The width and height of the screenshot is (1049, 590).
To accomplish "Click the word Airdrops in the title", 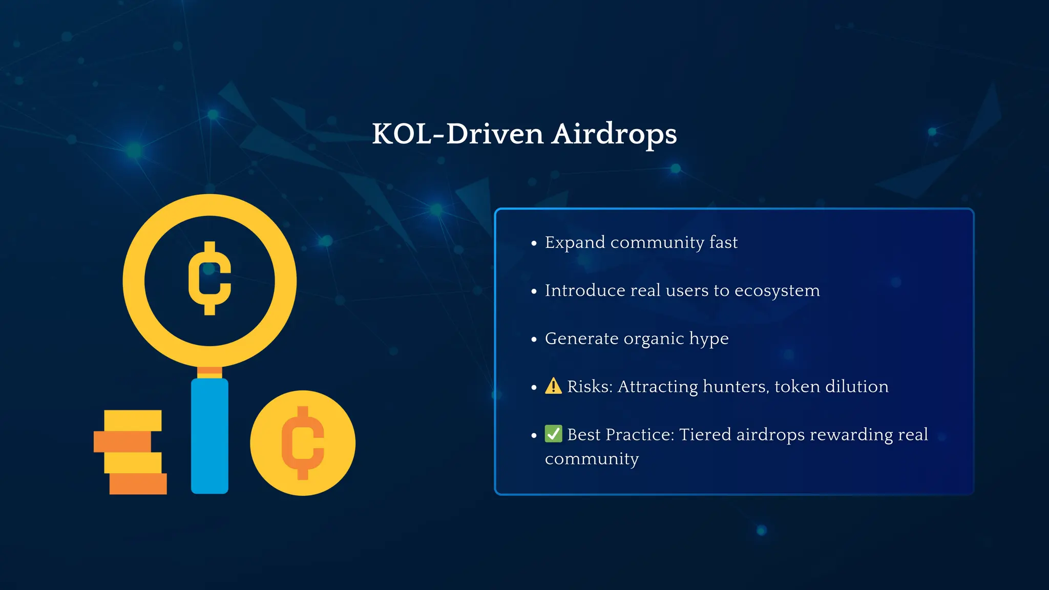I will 614,134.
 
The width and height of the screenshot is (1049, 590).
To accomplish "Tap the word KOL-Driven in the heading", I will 457,134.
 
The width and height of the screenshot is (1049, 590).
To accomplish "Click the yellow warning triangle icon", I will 553,386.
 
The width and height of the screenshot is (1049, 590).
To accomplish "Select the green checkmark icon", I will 553,434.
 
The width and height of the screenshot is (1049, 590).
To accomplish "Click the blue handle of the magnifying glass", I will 209,435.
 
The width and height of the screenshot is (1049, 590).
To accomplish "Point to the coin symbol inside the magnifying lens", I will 209,278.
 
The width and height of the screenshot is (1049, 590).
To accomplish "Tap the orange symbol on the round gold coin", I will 303,443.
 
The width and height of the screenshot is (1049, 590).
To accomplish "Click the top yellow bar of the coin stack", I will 133,420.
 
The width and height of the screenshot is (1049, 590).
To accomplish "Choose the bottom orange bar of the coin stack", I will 138,483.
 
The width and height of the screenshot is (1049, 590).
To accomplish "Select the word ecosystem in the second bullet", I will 777,290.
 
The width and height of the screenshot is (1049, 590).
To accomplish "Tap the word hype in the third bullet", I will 708,339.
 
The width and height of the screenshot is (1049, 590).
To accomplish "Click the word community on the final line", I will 592,459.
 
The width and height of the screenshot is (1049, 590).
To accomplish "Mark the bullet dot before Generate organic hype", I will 534,339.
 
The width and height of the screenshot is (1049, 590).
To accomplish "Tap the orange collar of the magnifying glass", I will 209,372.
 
